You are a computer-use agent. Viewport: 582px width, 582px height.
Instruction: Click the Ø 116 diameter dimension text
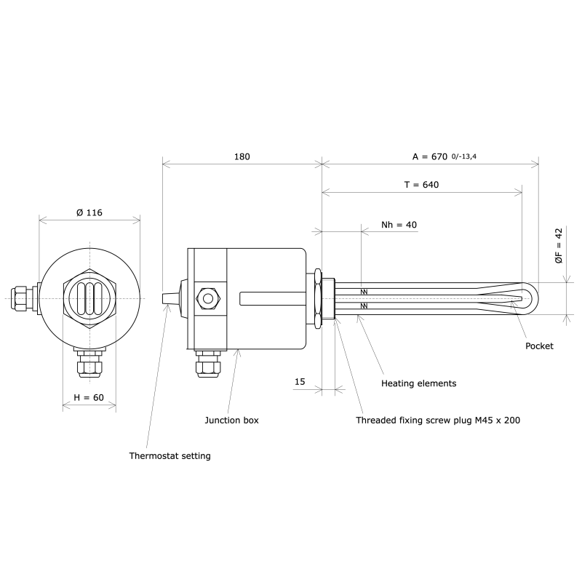[89, 212]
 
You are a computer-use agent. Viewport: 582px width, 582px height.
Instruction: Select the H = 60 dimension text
[89, 398]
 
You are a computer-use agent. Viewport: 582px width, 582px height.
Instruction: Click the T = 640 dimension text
[421, 185]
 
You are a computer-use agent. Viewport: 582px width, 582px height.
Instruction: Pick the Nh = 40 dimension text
[399, 225]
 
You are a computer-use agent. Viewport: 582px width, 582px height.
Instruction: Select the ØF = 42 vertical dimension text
[559, 245]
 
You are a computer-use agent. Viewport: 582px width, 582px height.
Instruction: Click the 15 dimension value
[300, 381]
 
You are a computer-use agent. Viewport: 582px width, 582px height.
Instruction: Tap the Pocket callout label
[539, 346]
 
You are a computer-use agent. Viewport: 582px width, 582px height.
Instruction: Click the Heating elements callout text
[419, 383]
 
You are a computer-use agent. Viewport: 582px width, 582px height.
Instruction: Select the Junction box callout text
[231, 420]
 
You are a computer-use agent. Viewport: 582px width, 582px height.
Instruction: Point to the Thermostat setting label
[170, 456]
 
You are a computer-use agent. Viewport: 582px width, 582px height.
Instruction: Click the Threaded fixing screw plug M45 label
[437, 420]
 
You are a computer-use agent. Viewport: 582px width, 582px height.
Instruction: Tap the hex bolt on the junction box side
[207, 298]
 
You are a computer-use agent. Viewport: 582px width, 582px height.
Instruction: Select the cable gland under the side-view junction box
[207, 363]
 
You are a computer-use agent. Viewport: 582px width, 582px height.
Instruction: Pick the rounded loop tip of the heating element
[528, 298]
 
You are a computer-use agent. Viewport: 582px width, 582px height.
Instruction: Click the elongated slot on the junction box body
[268, 298]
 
